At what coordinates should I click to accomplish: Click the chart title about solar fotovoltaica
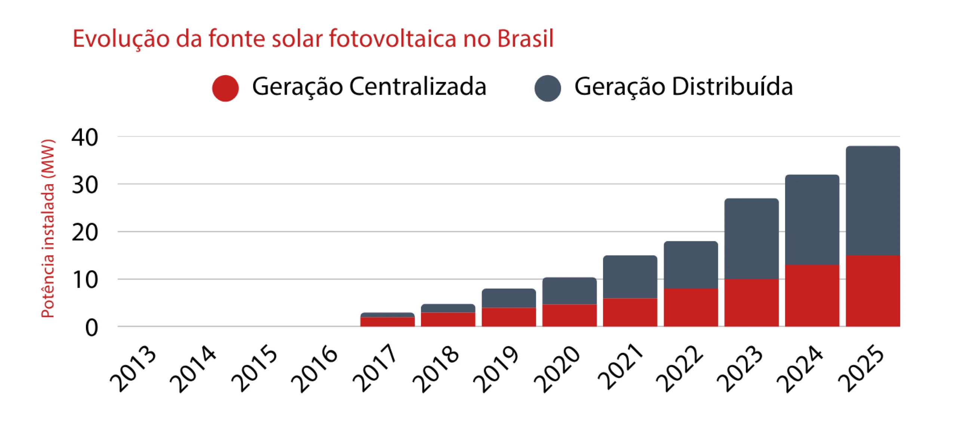[313, 39]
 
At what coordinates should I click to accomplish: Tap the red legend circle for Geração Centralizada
[225, 88]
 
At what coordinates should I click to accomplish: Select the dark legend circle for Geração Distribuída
[547, 88]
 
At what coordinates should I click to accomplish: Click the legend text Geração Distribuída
[683, 87]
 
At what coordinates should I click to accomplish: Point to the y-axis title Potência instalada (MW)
[48, 228]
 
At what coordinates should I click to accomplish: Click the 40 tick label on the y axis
[85, 137]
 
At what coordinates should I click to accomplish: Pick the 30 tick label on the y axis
[85, 185]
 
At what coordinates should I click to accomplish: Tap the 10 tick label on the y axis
[85, 280]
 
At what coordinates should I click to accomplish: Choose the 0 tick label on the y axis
[92, 328]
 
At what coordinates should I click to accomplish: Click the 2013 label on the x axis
[133, 369]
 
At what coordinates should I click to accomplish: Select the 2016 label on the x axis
[314, 369]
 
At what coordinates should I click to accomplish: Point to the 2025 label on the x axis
[861, 369]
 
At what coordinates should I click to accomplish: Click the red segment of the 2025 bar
[873, 291]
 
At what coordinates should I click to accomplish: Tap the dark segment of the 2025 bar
[873, 201]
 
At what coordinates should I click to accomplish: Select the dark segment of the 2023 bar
[751, 238]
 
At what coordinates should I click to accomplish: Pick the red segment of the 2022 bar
[690, 307]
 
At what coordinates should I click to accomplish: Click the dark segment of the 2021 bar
[630, 277]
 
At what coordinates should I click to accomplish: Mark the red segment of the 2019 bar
[508, 317]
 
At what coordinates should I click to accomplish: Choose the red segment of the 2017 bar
[387, 322]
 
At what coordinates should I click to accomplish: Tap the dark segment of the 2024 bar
[812, 220]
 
